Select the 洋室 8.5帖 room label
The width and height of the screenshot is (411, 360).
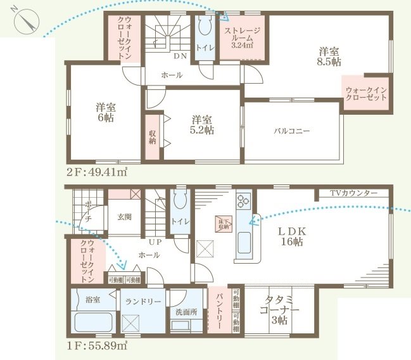tap(329, 56)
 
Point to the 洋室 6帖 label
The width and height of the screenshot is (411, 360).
tap(105, 112)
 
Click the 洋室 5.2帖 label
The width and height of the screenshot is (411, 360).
tap(202, 124)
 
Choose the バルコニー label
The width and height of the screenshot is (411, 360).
tap(291, 131)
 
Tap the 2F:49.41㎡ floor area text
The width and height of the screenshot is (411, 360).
tap(96, 171)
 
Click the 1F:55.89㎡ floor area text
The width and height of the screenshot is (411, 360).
tap(96, 345)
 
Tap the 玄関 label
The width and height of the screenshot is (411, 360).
tap(124, 217)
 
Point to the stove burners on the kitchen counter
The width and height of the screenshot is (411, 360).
tap(243, 202)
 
